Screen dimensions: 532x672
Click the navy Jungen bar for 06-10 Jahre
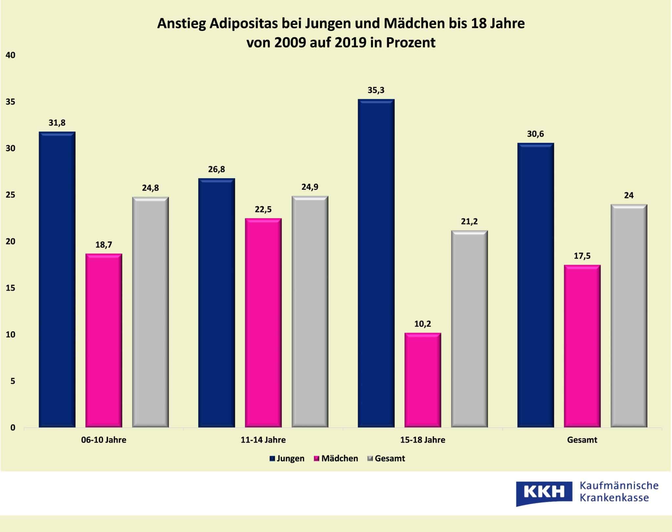[x=57, y=279]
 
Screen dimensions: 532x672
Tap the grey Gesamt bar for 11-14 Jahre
[x=310, y=312]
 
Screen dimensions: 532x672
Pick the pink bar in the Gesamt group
[x=582, y=346]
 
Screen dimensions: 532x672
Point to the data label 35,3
[x=376, y=90]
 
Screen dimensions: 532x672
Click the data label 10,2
[x=423, y=324]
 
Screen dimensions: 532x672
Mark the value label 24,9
[x=310, y=187]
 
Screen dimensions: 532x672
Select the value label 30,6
[x=535, y=134]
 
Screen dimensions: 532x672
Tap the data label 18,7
[x=104, y=245]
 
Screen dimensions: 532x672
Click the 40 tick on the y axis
[x=10, y=55]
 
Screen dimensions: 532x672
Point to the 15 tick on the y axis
[x=10, y=288]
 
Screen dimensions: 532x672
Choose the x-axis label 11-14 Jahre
[x=263, y=440]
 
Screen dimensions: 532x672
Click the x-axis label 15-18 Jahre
[x=423, y=440]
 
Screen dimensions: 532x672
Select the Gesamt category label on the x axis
[x=582, y=440]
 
